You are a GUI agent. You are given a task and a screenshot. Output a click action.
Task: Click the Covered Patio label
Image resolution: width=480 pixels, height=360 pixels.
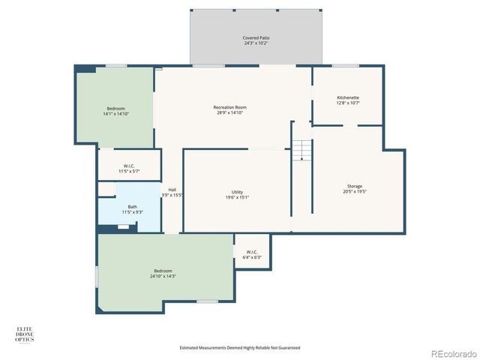point(256,37)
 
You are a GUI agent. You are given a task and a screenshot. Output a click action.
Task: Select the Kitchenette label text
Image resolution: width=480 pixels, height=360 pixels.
point(347,97)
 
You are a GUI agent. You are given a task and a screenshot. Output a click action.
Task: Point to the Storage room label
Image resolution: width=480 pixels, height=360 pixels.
point(355,186)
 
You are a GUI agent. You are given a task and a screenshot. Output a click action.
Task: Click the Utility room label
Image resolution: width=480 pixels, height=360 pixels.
point(237,192)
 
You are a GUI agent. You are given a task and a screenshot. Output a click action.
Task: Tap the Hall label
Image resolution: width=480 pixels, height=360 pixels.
point(172,190)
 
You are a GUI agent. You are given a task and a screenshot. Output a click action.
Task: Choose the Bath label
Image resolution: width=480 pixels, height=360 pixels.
point(133,207)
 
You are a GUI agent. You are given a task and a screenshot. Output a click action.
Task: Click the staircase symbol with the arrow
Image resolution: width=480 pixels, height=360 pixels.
point(301,150)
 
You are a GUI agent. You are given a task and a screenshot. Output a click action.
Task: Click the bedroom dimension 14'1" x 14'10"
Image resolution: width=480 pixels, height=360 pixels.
point(115,114)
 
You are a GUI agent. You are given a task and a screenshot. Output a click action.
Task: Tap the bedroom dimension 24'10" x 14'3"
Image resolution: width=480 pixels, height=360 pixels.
point(163,276)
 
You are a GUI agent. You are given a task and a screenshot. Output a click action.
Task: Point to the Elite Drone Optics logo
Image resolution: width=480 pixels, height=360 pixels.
point(25,334)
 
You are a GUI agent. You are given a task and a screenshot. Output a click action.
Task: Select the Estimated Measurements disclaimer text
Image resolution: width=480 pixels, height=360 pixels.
point(240,347)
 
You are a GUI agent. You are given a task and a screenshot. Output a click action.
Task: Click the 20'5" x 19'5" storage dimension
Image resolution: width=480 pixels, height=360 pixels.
point(355,192)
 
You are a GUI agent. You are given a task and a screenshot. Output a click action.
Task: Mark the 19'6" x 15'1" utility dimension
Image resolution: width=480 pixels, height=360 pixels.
point(237,198)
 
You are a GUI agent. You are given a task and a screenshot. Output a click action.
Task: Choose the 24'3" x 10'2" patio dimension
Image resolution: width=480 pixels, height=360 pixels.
point(256,43)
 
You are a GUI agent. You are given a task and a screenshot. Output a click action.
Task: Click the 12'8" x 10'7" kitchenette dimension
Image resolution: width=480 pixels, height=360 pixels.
point(347,103)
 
